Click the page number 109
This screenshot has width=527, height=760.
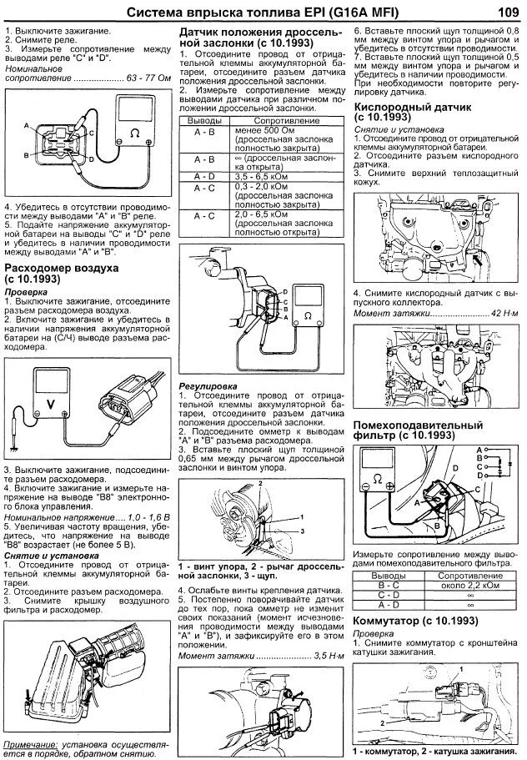(509, 13)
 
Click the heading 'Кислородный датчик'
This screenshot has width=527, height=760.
(413, 107)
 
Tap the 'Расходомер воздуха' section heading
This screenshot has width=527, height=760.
(62, 269)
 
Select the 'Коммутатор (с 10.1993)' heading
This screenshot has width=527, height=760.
(415, 621)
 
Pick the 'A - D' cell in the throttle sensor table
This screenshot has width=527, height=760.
(204, 177)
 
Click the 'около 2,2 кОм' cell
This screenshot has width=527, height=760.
(469, 585)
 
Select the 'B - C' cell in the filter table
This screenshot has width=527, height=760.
(389, 585)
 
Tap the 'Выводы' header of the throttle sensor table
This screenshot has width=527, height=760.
(204, 121)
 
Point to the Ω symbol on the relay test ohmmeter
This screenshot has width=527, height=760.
(135, 132)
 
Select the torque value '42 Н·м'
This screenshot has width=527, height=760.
(504, 313)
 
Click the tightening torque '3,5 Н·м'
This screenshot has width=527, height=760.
(329, 657)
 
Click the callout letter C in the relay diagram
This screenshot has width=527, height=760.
(91, 133)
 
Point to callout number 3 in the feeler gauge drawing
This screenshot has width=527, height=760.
(302, 531)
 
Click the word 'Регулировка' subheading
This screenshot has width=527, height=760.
(208, 386)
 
